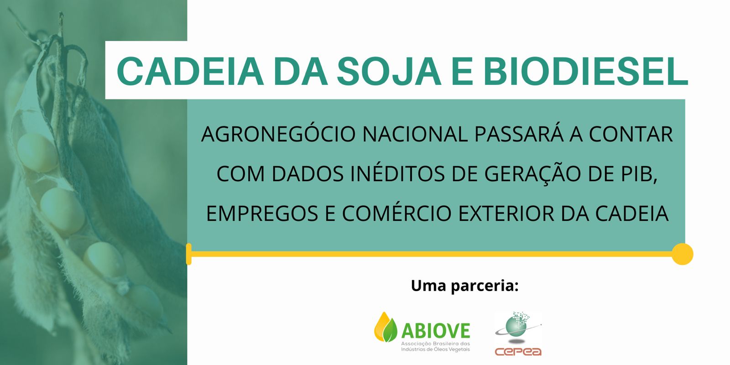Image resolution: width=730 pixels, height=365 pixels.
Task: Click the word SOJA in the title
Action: (x=389, y=71)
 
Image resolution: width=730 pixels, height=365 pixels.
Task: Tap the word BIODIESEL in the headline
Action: (x=586, y=71)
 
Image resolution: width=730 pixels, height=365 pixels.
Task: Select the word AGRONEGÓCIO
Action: (x=278, y=134)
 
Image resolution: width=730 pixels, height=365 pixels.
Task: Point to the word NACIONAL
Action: (x=415, y=134)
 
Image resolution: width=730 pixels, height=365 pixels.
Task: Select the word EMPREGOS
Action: (x=262, y=214)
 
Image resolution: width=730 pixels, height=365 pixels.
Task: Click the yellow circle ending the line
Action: (x=683, y=254)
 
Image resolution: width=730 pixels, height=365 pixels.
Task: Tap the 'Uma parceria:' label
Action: (x=464, y=286)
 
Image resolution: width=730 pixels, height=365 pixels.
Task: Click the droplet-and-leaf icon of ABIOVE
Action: (x=386, y=327)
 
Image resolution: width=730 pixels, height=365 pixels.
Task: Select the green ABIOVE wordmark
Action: (x=436, y=331)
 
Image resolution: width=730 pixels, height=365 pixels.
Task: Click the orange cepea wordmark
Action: (x=518, y=352)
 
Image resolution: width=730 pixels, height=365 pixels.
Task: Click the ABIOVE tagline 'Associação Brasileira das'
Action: (x=435, y=344)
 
